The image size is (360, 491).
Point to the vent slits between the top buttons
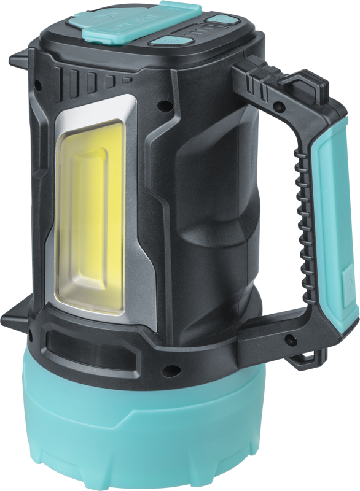click(191, 30)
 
